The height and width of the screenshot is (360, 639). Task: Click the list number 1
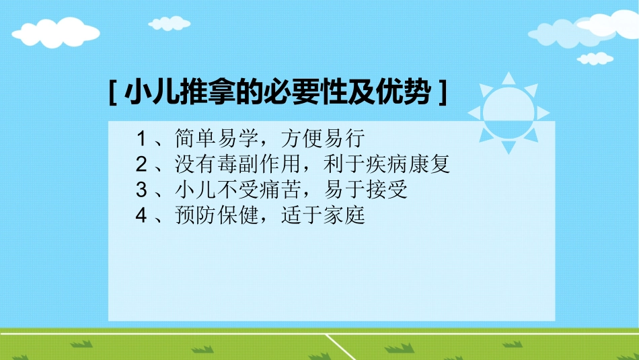(x=141, y=139)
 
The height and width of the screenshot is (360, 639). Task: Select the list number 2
(x=141, y=165)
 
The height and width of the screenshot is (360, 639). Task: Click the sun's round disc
(x=509, y=112)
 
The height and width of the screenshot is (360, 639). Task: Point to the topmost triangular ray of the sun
(x=509, y=78)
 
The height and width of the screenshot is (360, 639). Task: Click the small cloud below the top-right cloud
(x=595, y=59)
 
